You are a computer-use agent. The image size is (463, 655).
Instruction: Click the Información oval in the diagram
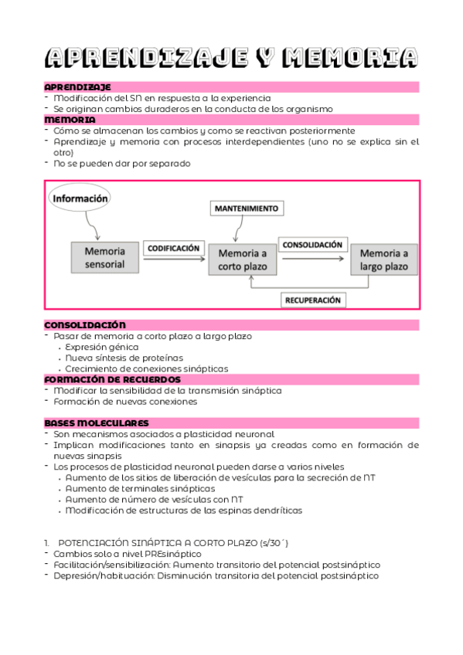coord(80,198)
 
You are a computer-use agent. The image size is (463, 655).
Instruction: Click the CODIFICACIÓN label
coord(174,249)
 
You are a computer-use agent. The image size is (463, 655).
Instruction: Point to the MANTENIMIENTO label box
coord(247,209)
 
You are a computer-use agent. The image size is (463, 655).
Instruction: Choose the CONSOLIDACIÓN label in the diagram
coord(312,245)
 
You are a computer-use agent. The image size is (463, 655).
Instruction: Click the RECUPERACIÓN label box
coord(313,300)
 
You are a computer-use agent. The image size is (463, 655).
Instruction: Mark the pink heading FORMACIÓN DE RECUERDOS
coord(112,380)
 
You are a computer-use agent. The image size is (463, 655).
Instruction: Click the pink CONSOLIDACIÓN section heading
coord(85,325)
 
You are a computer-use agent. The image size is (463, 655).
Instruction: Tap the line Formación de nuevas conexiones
coord(125,402)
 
